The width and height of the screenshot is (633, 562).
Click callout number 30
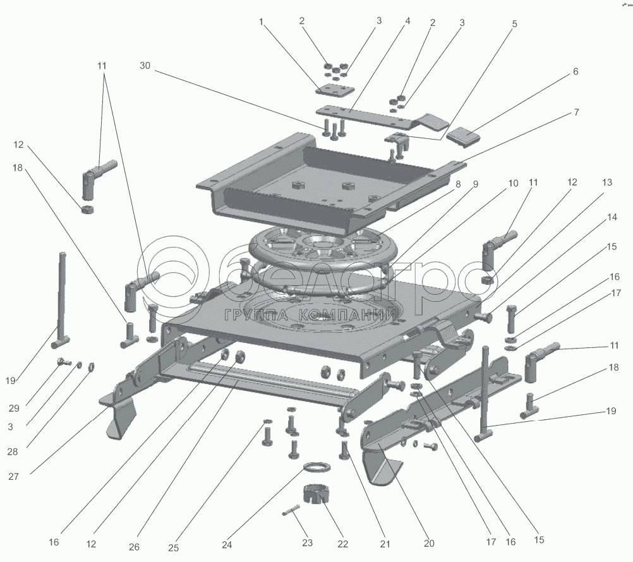click(145, 66)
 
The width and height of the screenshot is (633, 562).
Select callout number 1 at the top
click(261, 21)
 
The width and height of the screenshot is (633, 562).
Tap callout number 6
click(576, 71)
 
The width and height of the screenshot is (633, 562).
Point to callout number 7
click(577, 112)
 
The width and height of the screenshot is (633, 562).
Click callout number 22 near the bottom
click(343, 544)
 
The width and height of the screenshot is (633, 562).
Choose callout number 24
click(227, 545)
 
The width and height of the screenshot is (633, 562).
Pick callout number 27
click(13, 477)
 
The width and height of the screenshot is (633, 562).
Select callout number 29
click(14, 409)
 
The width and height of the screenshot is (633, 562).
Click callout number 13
click(606, 182)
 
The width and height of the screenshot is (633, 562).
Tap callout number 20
click(429, 544)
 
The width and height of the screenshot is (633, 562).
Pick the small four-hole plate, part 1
click(335, 90)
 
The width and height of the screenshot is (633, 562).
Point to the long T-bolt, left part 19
click(61, 300)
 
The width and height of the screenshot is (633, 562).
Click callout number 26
click(134, 547)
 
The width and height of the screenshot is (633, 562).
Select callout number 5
click(514, 24)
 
